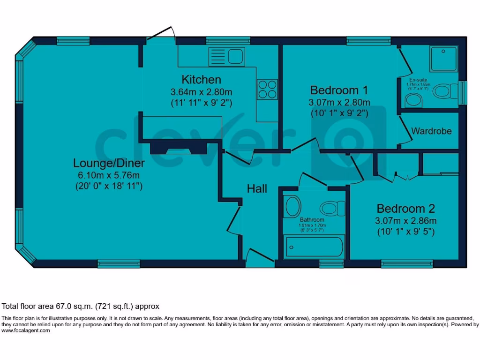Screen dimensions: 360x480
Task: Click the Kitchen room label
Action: (x=201, y=79)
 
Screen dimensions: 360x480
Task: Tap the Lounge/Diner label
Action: (x=109, y=163)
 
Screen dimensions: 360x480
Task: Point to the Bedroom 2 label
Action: (x=406, y=209)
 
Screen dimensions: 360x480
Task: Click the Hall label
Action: (x=257, y=188)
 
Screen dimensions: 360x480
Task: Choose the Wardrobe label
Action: (x=431, y=131)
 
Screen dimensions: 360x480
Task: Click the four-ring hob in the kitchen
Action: (x=268, y=89)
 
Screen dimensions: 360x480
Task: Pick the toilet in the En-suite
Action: (x=444, y=90)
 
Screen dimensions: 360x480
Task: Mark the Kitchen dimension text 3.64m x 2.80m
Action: (x=201, y=92)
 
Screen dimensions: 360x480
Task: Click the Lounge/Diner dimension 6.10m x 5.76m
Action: (x=109, y=175)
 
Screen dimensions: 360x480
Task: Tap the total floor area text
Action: (x=81, y=307)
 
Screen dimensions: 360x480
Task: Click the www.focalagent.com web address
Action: (x=25, y=330)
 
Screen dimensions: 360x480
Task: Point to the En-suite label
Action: (x=418, y=80)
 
